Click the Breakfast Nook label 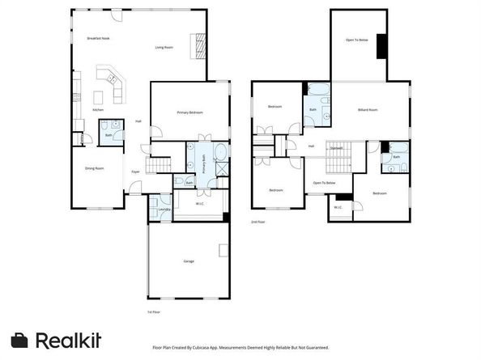tap(99, 39)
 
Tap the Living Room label tap(164, 47)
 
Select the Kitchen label tap(98, 110)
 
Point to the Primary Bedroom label tap(189, 112)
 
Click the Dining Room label tap(95, 168)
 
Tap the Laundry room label tap(164, 210)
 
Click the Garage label tap(188, 261)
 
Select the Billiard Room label tap(368, 110)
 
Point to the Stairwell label tap(336, 148)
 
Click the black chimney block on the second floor tap(381, 48)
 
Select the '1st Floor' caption tap(153, 311)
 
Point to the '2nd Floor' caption tap(258, 221)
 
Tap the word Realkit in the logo tap(68, 341)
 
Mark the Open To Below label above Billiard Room tap(357, 40)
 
